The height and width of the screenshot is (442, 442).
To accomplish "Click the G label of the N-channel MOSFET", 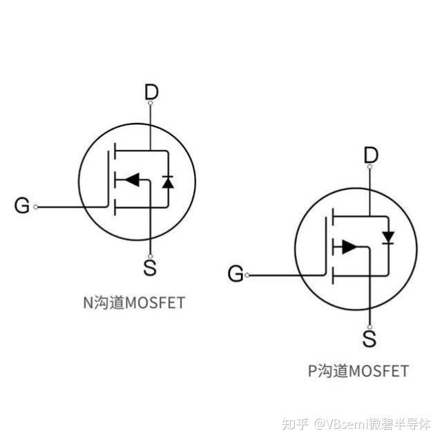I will tap(23, 206).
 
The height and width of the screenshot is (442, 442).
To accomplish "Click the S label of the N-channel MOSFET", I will tap(150, 268).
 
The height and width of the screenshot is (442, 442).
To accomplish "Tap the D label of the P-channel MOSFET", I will tap(371, 155).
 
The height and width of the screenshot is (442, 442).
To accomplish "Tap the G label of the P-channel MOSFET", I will tap(236, 274).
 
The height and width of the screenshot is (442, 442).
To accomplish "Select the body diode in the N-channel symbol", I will tap(167, 182).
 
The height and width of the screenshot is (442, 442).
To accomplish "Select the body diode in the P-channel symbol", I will tap(388, 238).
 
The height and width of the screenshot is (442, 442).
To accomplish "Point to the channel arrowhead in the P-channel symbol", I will tap(349, 247).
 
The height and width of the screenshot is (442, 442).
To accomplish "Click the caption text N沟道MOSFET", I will tap(133, 302).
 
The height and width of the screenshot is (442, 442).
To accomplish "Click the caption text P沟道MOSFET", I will tap(358, 371).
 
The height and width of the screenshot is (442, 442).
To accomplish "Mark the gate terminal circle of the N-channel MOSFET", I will tap(37, 206).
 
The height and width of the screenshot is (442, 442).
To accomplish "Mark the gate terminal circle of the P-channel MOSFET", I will tap(247, 275).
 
